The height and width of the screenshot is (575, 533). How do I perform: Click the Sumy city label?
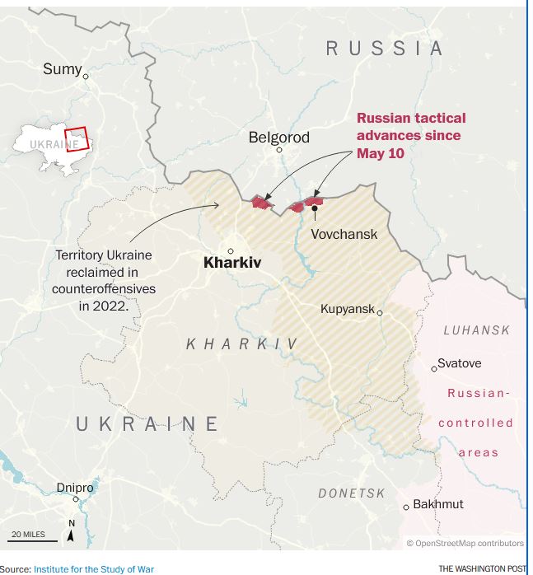point(62,69)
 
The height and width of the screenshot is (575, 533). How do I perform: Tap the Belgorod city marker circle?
point(279,150)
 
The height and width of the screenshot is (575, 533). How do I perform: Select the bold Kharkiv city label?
point(231,263)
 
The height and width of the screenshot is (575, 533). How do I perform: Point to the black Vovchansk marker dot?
point(315,208)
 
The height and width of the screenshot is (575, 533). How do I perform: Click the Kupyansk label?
point(348,310)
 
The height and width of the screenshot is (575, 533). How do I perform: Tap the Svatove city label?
point(459,363)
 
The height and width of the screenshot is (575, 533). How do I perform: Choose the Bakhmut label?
point(437,503)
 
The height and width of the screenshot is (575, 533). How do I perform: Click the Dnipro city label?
point(75,488)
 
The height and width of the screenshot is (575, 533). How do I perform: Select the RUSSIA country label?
point(385,49)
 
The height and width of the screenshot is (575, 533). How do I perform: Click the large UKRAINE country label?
point(147,424)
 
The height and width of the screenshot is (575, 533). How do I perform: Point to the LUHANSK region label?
point(476,330)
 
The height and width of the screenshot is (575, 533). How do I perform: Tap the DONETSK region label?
point(352,493)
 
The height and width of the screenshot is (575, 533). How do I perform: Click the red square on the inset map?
point(76,138)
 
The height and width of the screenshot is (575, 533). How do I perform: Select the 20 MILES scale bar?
point(34,536)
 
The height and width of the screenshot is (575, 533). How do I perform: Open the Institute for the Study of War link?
point(93,568)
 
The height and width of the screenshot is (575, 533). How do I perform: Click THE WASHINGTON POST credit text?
point(482,568)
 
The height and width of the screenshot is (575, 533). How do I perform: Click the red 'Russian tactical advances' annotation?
point(410,135)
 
